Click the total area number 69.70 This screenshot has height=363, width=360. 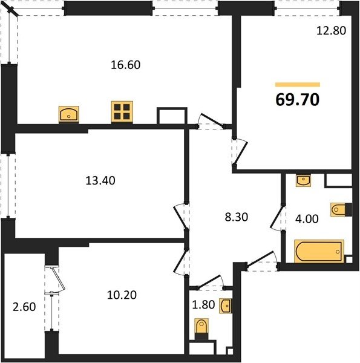298,100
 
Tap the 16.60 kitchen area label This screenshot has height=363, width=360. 125,65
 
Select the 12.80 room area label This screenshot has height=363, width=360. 331,31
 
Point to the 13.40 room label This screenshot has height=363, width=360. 100,180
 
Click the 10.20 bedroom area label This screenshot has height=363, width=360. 122,295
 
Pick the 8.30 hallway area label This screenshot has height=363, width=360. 237,217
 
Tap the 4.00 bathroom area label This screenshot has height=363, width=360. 307,219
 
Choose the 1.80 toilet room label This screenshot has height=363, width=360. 203,305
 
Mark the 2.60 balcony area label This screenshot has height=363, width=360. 24,307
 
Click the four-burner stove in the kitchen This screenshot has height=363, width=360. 122,112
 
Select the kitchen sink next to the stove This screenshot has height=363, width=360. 69,114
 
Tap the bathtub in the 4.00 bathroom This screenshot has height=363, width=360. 319,252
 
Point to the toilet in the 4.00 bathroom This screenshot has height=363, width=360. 341,210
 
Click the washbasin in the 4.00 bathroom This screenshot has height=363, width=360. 303,181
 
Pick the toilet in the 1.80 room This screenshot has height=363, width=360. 201,329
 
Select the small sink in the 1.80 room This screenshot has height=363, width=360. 226,306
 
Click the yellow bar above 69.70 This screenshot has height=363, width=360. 298,85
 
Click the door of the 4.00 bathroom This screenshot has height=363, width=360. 277,218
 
